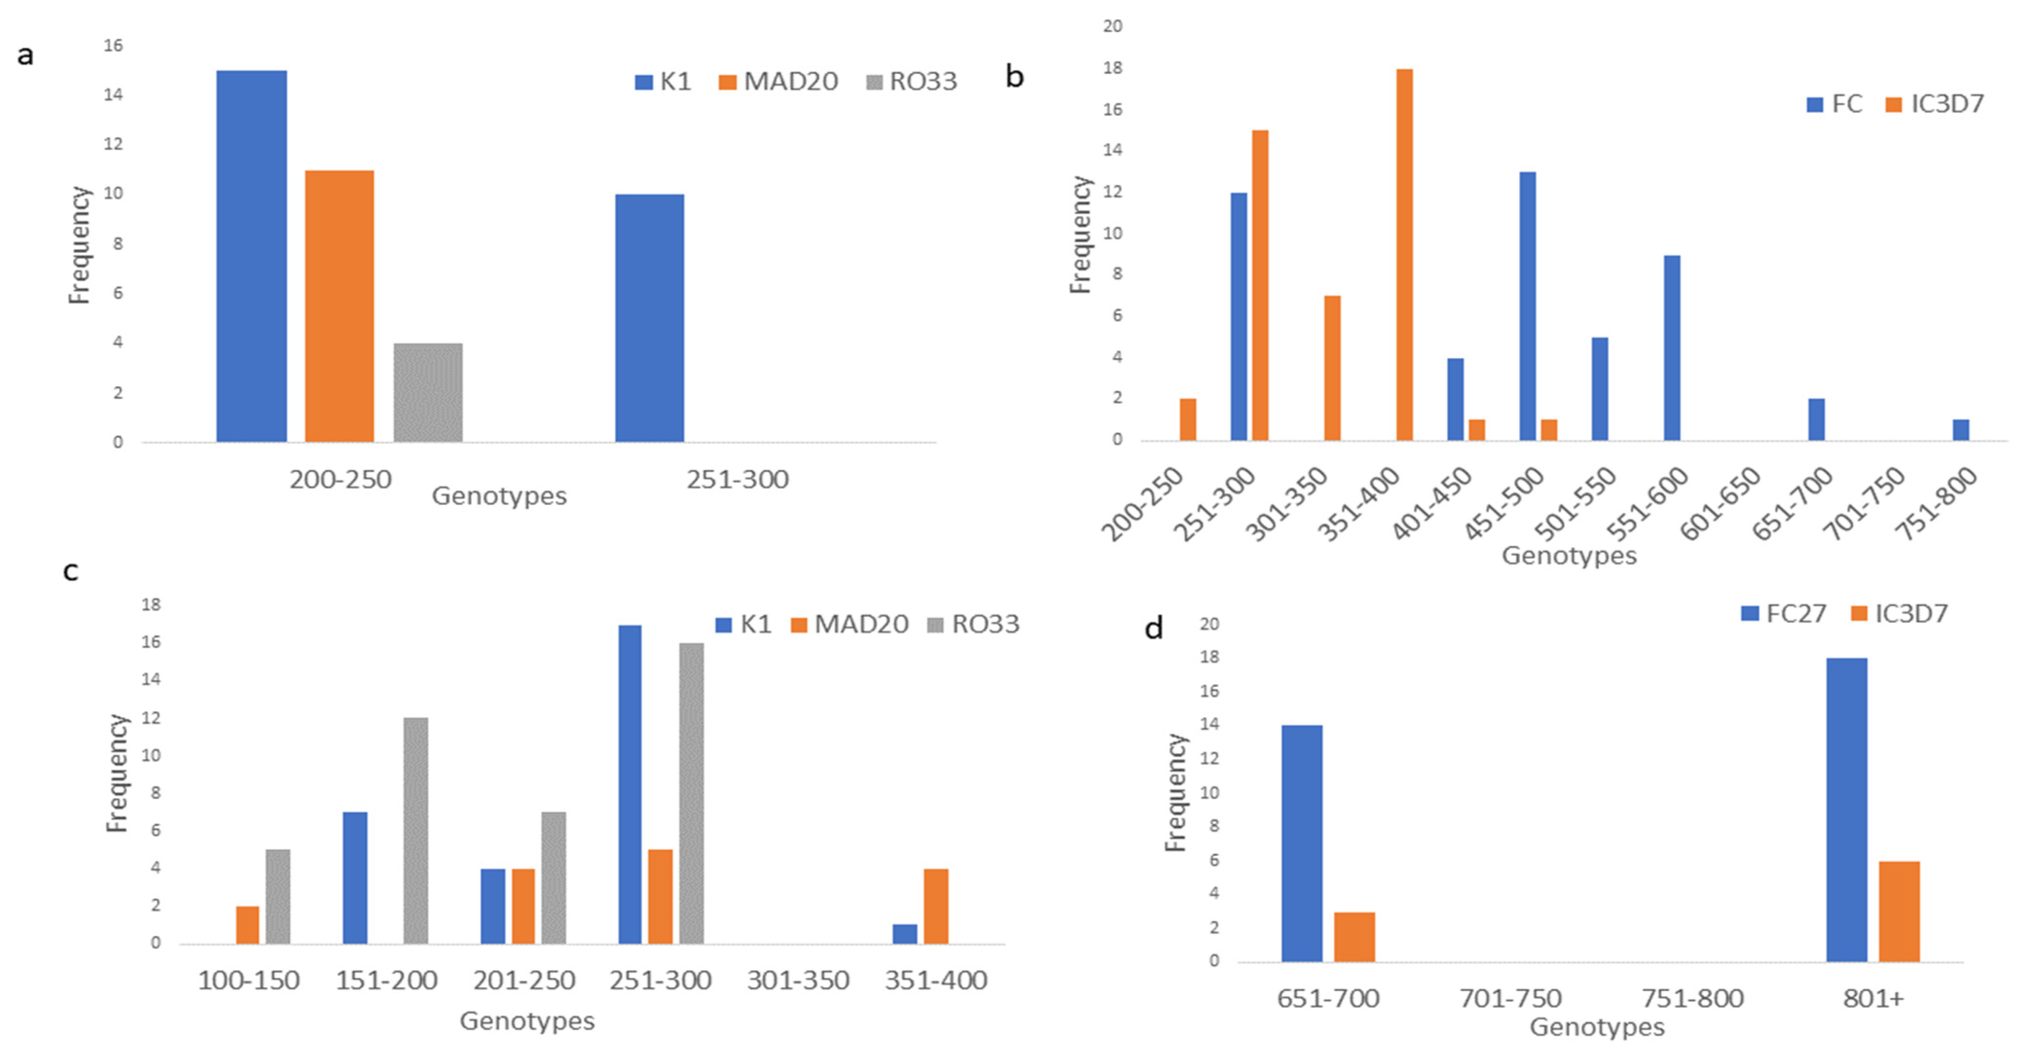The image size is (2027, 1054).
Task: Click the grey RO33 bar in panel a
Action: coord(428,393)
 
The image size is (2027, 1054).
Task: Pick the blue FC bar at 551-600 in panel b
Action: coord(1672,348)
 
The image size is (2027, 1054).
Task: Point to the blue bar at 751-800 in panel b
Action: coord(1961,430)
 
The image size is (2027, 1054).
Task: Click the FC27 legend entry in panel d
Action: coord(1784,614)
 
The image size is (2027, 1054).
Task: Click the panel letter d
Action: coord(1154,628)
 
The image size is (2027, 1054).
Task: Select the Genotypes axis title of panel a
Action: coord(499,496)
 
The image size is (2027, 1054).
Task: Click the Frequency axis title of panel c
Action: coord(117,773)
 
